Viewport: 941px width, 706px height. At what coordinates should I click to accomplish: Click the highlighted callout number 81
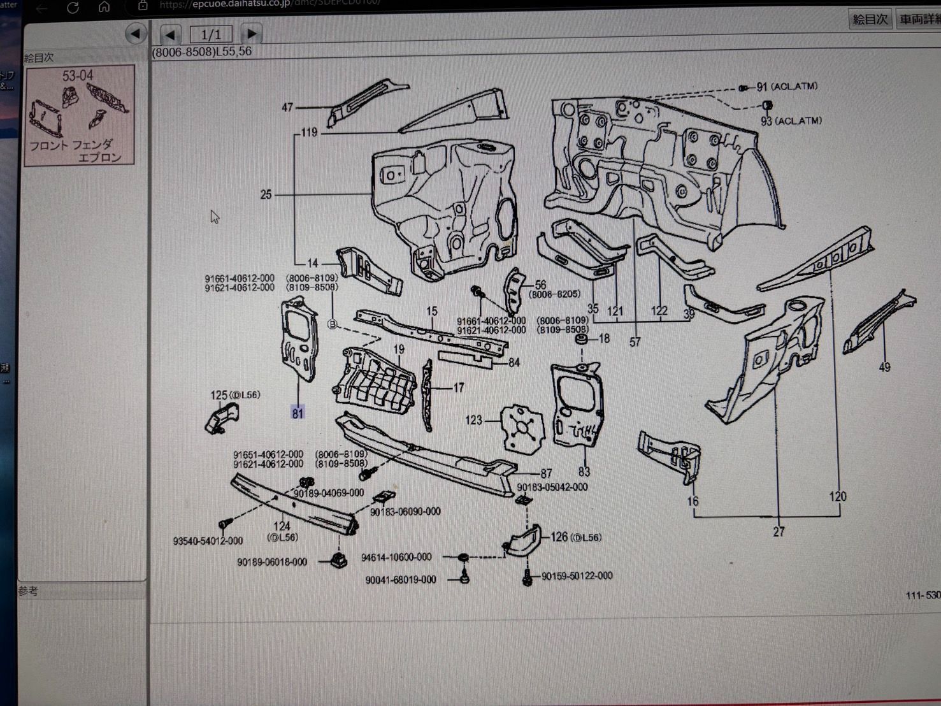[298, 413]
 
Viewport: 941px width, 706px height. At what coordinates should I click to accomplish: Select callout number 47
[287, 107]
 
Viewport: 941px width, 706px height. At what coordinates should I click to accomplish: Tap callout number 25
[266, 194]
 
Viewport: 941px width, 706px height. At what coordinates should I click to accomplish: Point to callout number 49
[884, 367]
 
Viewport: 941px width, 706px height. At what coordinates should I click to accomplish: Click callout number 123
[473, 420]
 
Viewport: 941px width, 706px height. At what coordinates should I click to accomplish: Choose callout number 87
[546, 473]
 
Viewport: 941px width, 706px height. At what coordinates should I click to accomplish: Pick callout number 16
[693, 501]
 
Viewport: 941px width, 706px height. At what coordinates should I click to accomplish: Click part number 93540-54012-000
[208, 541]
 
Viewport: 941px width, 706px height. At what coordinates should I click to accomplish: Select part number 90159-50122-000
[577, 576]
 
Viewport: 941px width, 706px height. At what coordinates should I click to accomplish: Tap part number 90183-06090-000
[405, 512]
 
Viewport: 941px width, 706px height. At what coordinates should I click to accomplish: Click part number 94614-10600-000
[396, 558]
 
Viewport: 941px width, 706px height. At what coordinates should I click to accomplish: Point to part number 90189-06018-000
[272, 562]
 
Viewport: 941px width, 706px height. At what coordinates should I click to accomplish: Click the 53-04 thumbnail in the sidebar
[79, 115]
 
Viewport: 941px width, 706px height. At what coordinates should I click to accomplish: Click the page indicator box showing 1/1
[210, 34]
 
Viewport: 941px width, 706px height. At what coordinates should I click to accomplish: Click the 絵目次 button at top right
[870, 19]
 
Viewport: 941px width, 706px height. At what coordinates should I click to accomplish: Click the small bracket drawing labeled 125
[222, 418]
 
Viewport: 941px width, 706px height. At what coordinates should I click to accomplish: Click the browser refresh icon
[73, 8]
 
